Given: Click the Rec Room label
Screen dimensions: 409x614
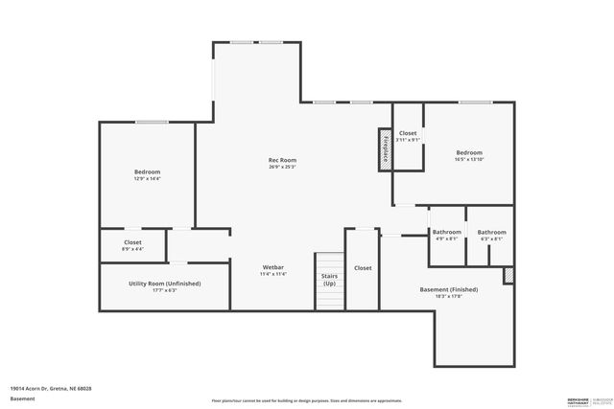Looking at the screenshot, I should click(x=281, y=160).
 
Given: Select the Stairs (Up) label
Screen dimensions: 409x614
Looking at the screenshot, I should click(x=329, y=280).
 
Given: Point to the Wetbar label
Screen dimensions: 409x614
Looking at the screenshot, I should click(x=273, y=266).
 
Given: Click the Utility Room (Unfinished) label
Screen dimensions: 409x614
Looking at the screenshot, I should click(x=165, y=284).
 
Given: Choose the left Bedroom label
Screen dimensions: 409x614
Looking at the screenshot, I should click(x=147, y=171).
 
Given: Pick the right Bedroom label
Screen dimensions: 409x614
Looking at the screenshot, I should click(x=468, y=153).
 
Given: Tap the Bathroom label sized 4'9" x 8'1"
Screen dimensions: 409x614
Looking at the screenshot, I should click(x=447, y=232).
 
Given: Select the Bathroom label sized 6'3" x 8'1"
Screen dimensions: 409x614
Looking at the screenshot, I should click(x=491, y=232).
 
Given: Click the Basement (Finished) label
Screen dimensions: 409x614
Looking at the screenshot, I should click(x=449, y=289).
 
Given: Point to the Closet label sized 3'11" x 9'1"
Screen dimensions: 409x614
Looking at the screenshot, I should click(x=408, y=133).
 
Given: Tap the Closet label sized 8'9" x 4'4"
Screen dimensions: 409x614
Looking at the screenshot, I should click(x=132, y=242).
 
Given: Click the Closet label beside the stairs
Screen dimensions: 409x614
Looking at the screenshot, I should click(x=363, y=268).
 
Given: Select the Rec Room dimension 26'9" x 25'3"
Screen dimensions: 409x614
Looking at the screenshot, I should click(x=281, y=167).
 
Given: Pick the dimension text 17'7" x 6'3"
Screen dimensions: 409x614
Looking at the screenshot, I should click(x=165, y=290).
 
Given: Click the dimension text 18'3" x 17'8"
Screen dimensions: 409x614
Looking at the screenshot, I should click(x=449, y=296).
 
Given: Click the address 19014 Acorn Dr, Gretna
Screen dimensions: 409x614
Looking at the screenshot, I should click(x=51, y=388).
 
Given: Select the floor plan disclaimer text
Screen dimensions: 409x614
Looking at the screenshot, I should click(x=307, y=401).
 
